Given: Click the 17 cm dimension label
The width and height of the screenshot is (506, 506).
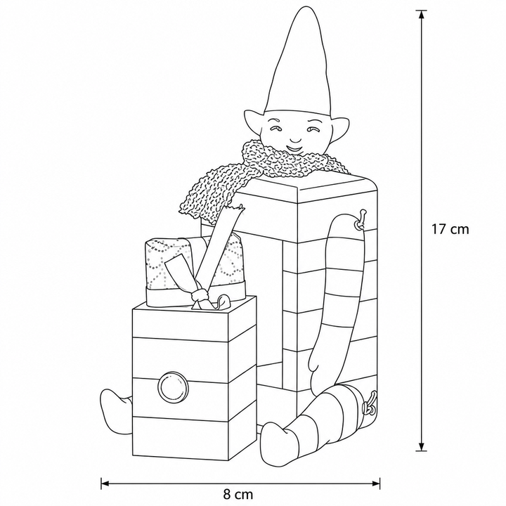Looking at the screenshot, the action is [450, 229].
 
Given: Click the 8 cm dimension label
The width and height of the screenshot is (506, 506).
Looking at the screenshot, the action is [238, 494].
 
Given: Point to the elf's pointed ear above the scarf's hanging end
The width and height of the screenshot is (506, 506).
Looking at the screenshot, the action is [253, 122].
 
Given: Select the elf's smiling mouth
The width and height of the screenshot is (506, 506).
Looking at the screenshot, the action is [294, 149].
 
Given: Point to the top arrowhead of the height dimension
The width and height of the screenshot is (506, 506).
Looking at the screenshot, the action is [421, 15].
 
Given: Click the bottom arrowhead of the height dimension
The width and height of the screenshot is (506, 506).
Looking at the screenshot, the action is [421, 446].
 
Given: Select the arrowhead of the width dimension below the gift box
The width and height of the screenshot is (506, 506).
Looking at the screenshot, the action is [106, 483].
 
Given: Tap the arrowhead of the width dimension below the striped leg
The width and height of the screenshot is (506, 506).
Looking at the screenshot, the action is [375, 483].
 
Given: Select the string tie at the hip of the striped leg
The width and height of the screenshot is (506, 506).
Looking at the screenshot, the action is [370, 404].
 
